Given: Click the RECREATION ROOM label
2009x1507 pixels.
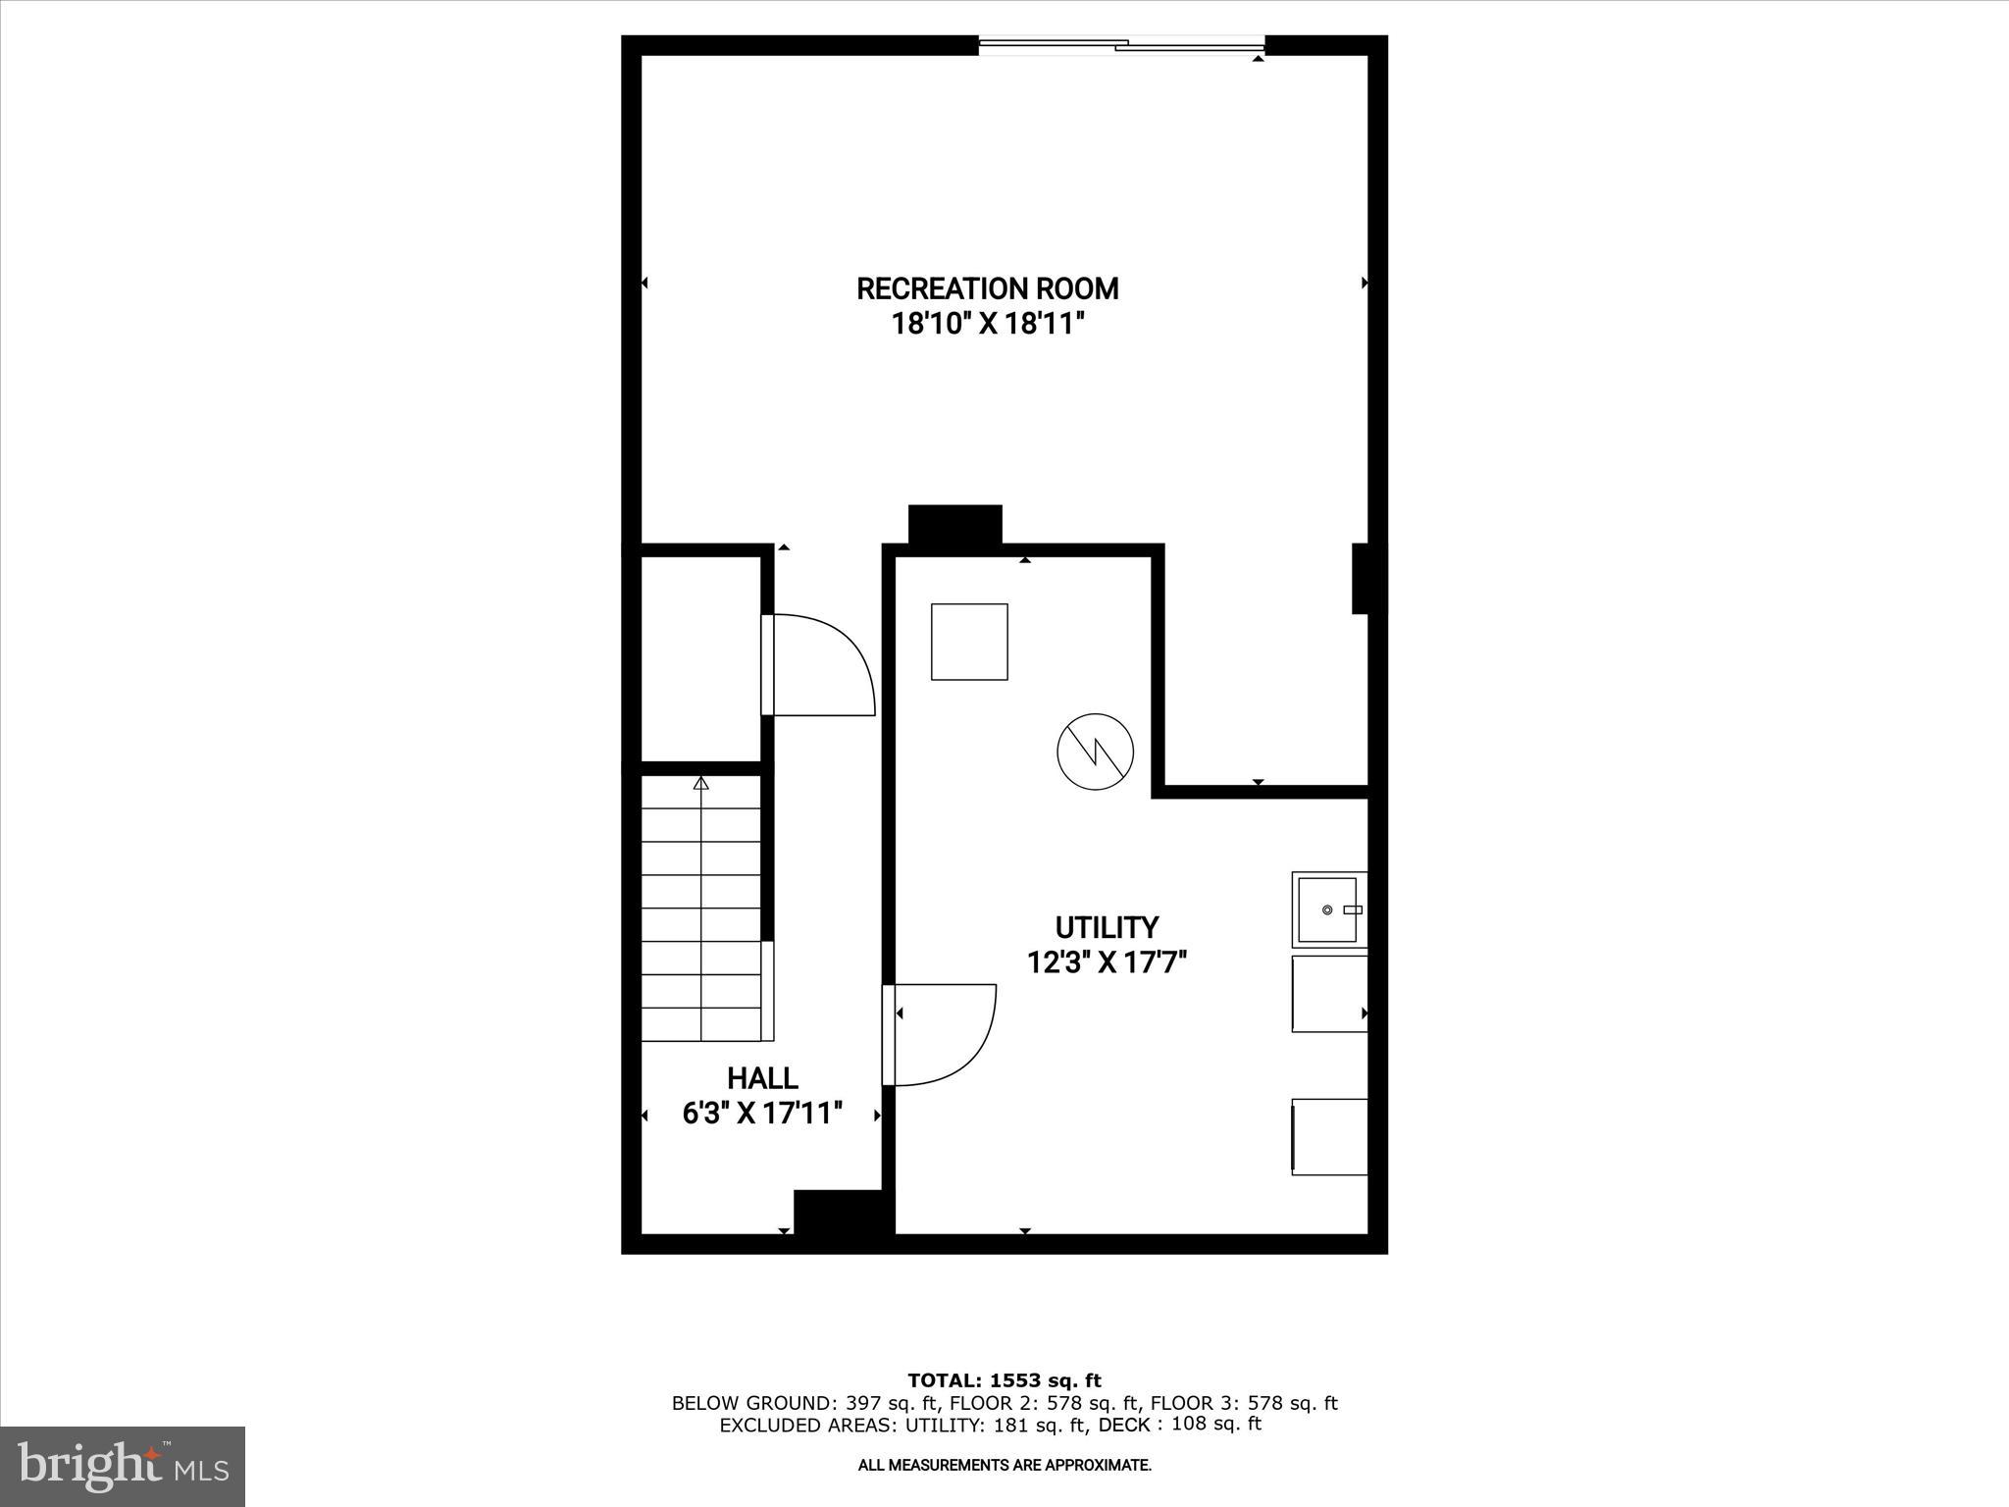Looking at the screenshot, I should (x=987, y=288).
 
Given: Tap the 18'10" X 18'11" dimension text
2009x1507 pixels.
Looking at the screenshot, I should (x=987, y=324).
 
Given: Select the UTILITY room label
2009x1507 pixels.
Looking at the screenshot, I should (x=1107, y=927).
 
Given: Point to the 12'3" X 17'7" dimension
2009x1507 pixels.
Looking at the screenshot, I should (x=1107, y=962).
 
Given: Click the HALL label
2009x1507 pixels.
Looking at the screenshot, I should (x=762, y=1078).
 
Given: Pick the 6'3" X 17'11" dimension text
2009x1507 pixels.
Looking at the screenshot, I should (x=762, y=1114).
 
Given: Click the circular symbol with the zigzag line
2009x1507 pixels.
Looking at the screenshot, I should (x=1095, y=753).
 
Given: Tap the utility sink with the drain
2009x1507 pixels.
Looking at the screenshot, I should (x=1328, y=909).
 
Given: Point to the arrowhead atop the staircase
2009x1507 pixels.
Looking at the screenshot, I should (x=700, y=783).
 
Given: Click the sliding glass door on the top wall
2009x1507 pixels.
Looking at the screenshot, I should (x=1121, y=44).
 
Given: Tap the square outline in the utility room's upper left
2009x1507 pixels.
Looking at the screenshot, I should (x=969, y=642).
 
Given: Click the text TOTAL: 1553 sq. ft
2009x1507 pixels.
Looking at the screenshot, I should (x=1004, y=1380).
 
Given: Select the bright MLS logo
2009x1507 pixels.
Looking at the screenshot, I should (x=123, y=1466).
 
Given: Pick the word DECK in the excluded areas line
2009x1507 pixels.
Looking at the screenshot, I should (x=1124, y=1425).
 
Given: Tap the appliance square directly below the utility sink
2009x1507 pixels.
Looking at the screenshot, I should (x=1329, y=993).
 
